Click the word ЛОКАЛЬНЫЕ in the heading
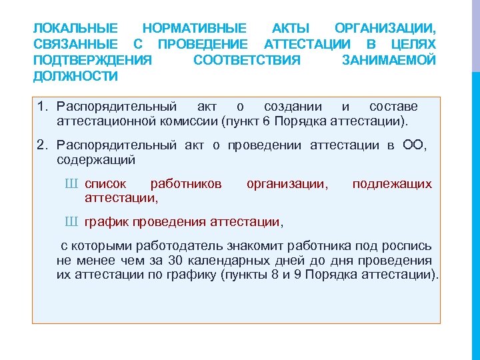[x=75, y=29]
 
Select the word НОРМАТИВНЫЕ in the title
[x=194, y=29]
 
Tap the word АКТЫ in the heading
[x=291, y=29]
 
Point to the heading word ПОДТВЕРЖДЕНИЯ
[x=92, y=61]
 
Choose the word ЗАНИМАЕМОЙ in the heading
[x=389, y=61]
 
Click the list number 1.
[x=43, y=107]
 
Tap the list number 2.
[x=43, y=145]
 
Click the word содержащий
[x=96, y=160]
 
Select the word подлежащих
[x=392, y=183]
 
